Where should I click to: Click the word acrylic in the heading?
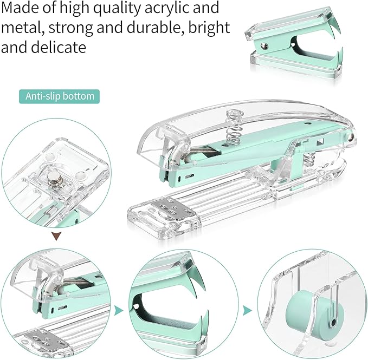(x=157, y=9)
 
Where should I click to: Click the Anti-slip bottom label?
(x=60, y=96)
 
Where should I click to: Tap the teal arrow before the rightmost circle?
(x=247, y=310)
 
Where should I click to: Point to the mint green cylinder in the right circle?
(x=307, y=314)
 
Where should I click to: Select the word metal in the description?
(x=18, y=28)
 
